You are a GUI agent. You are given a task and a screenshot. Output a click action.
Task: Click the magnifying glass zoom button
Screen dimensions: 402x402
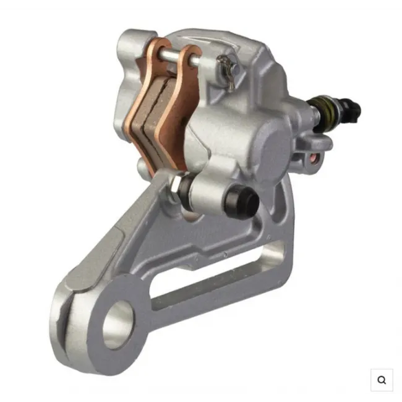(382, 380)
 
